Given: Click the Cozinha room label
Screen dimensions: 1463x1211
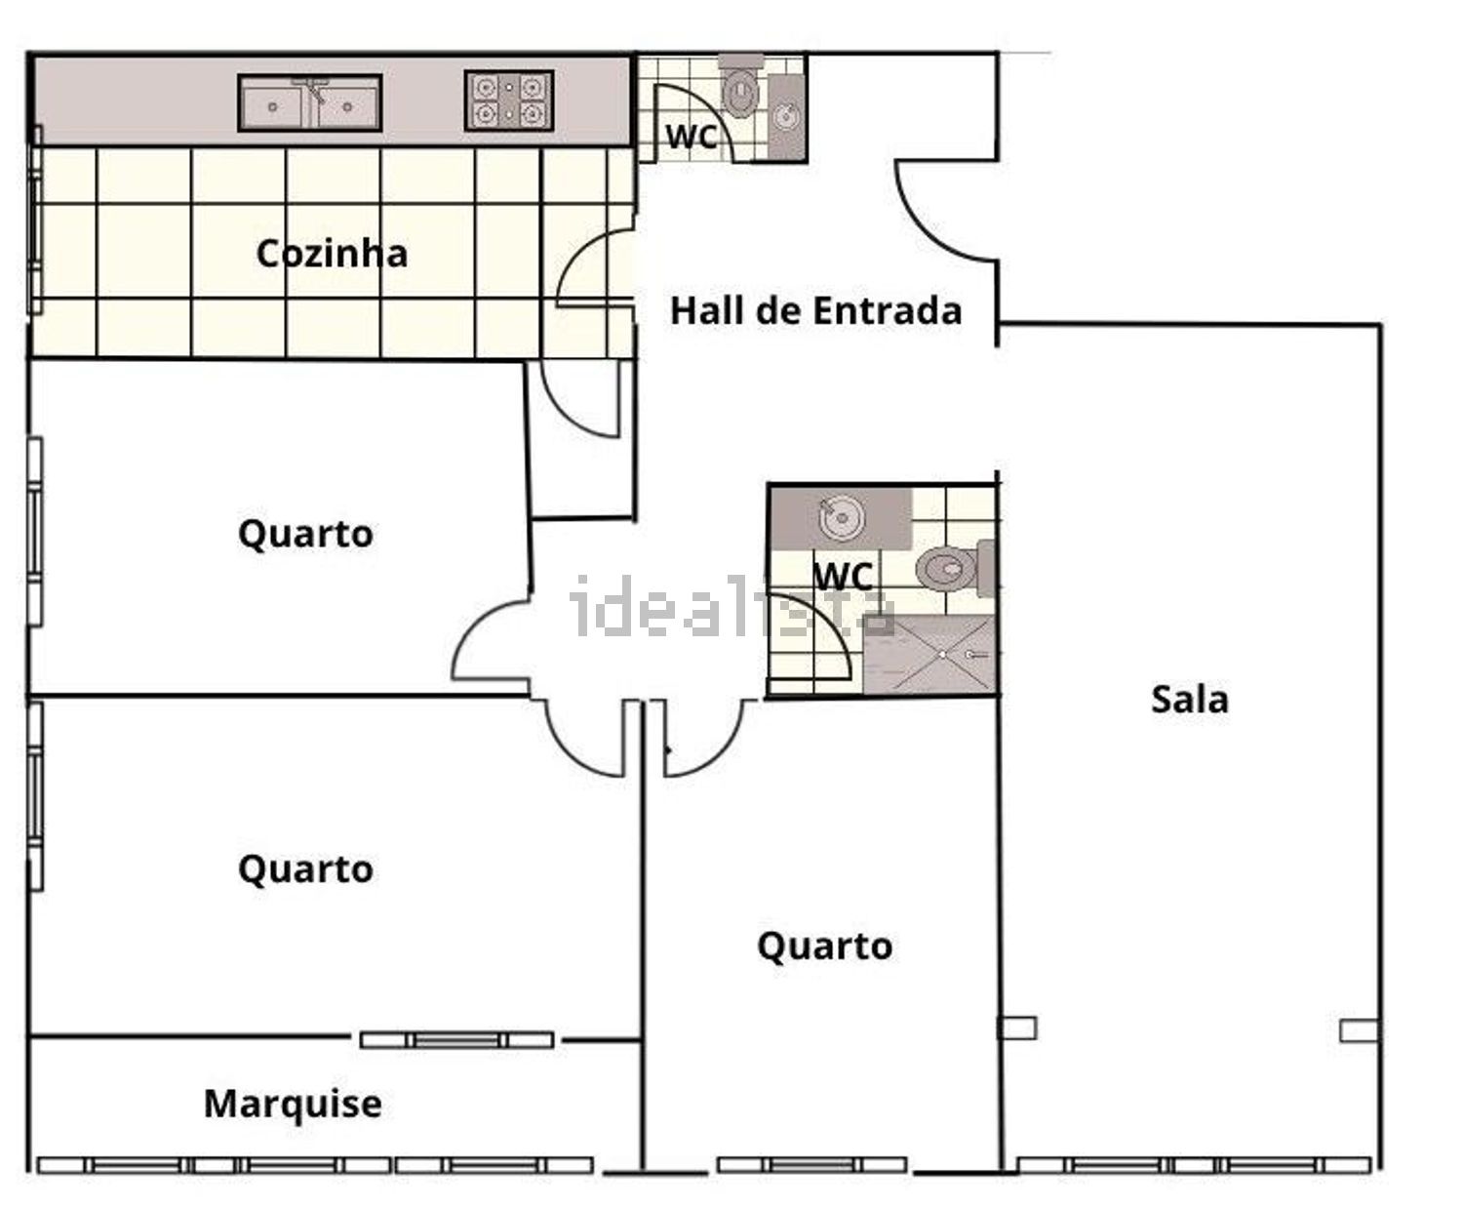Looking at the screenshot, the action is point(332,253).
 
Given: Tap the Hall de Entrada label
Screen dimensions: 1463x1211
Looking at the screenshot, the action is point(815,310).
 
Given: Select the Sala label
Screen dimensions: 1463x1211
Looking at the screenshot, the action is point(1190,700).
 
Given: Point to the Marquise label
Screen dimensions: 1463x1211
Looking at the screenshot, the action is point(293,1104).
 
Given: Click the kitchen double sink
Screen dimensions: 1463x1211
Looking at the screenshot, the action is point(310,103).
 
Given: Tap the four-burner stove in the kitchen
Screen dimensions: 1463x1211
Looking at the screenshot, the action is point(509,101).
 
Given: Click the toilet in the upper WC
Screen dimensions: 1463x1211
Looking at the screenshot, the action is point(740,86).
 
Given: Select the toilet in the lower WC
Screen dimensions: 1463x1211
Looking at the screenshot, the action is point(954,569).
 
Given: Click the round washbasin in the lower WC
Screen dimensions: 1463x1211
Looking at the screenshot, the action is point(841,518).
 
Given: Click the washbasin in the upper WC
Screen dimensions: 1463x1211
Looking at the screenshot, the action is point(786,117).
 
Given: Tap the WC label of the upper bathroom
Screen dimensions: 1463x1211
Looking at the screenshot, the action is point(691,137).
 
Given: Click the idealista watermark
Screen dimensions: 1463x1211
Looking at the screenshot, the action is point(732,606).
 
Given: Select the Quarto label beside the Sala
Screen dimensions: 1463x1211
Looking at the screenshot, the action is point(825,946).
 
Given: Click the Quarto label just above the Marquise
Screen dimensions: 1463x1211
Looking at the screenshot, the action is point(305,869).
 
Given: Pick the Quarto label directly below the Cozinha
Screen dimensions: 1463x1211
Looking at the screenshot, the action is point(305,535).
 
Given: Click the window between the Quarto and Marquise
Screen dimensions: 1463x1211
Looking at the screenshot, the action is point(456,1040).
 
